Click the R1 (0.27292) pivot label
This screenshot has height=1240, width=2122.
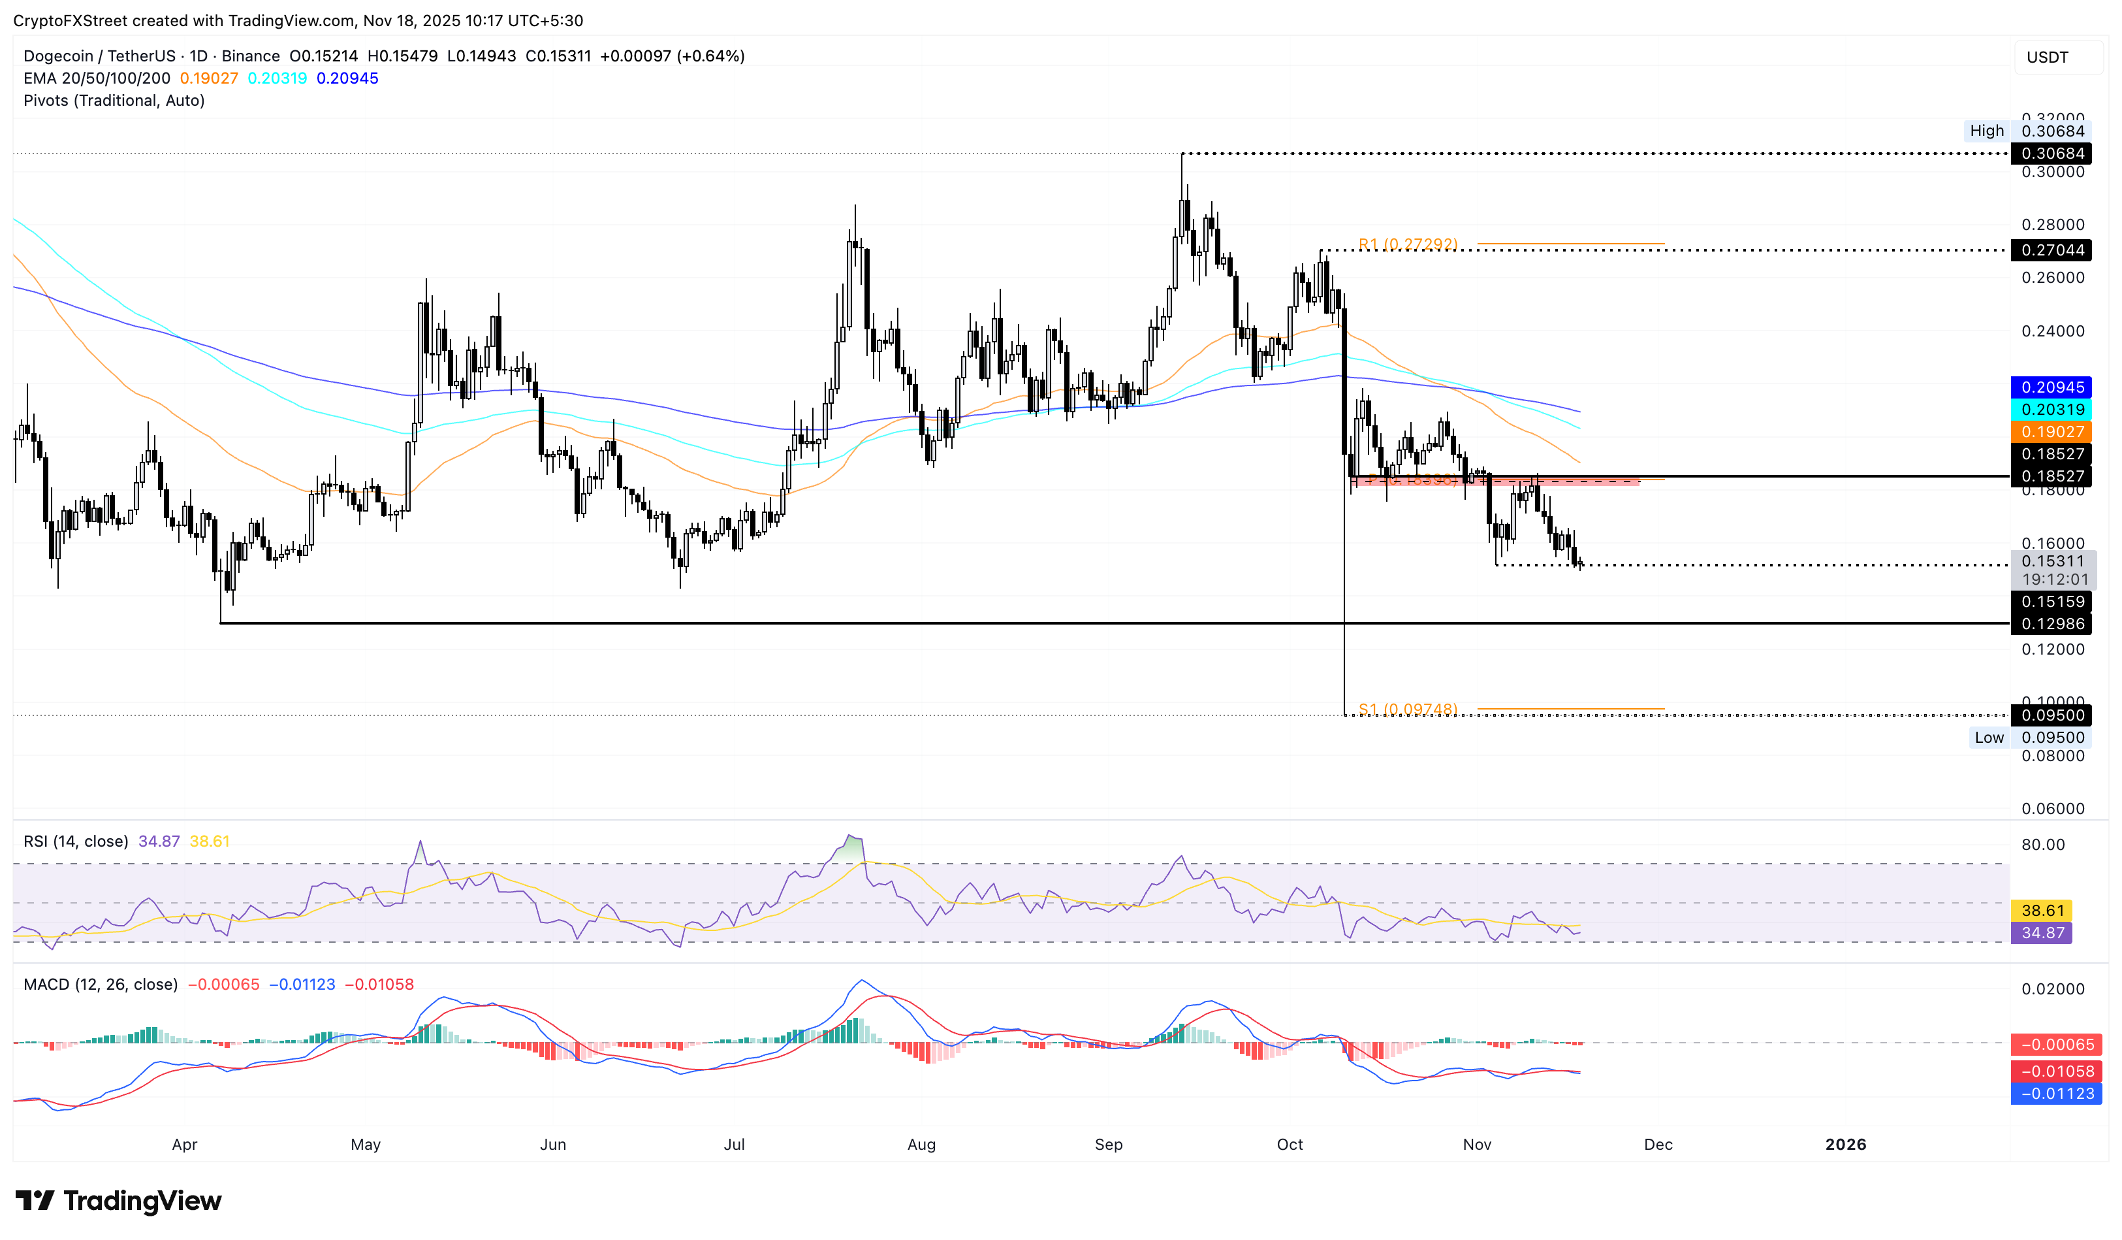pyautogui.click(x=1407, y=244)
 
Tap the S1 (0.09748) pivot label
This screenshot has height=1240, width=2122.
pyautogui.click(x=1407, y=710)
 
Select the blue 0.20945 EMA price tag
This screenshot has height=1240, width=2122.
pyautogui.click(x=2051, y=387)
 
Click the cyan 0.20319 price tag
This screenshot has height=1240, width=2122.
pyautogui.click(x=2051, y=410)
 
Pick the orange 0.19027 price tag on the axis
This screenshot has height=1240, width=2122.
pyautogui.click(x=2051, y=432)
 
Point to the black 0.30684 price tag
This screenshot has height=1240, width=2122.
pyautogui.click(x=2051, y=154)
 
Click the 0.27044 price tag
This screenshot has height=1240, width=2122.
pyautogui.click(x=2051, y=250)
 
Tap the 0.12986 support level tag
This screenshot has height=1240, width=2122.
pyautogui.click(x=2051, y=624)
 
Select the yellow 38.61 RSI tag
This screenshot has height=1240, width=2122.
pyautogui.click(x=2041, y=911)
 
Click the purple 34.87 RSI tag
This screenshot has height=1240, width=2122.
pyautogui.click(x=2041, y=932)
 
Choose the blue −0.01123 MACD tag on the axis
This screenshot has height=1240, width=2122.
pyautogui.click(x=2056, y=1094)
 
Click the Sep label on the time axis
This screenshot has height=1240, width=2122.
pyautogui.click(x=1108, y=1145)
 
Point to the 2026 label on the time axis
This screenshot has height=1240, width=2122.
pyautogui.click(x=1845, y=1145)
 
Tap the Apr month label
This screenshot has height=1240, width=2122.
pyautogui.click(x=184, y=1145)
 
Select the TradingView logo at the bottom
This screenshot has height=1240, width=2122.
pyautogui.click(x=119, y=1200)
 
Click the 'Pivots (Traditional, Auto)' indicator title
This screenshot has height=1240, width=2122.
pyautogui.click(x=114, y=100)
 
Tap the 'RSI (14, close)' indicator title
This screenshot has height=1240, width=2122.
pyautogui.click(x=76, y=841)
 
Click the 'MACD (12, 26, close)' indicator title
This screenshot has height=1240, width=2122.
pyautogui.click(x=100, y=985)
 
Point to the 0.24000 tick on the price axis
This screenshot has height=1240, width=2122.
pyautogui.click(x=2052, y=331)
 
